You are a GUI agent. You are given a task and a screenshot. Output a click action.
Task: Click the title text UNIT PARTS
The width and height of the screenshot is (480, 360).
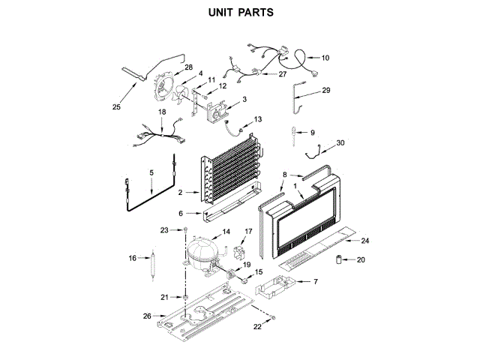(240, 13)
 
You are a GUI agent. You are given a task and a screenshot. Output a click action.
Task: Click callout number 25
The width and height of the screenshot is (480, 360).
(116, 106)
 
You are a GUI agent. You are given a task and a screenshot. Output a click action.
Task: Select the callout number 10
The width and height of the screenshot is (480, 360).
(325, 58)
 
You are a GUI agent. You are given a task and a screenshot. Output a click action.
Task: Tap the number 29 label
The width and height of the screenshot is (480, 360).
(325, 91)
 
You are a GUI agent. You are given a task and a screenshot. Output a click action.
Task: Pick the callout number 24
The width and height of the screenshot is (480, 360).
(365, 241)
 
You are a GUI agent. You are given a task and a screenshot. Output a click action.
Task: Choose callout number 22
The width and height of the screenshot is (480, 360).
(257, 327)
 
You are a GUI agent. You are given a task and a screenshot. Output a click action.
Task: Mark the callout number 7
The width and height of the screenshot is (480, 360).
(315, 282)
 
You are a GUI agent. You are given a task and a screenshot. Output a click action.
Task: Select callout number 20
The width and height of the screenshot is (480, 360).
(360, 260)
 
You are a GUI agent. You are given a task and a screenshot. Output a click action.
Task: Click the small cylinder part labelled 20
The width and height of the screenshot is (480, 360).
(339, 261)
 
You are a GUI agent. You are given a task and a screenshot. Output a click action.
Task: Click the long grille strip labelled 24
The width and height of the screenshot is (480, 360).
(315, 247)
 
